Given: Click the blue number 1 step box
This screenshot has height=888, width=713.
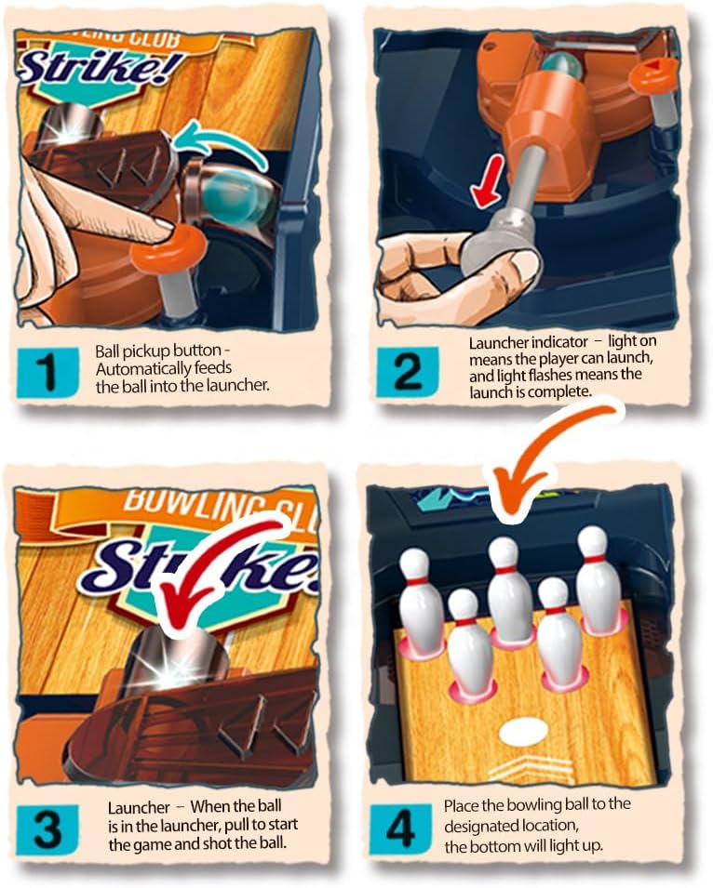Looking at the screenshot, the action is [47, 373].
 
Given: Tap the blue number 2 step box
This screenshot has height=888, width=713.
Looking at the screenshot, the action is [408, 371].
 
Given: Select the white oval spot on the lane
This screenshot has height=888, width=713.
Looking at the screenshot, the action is [524, 731].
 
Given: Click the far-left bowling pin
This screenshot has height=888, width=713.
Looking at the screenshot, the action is [422, 602].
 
